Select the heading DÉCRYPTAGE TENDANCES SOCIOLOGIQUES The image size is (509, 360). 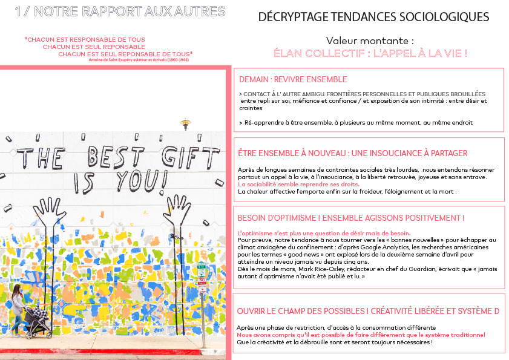[x=373, y=17]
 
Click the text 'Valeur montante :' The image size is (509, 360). [x=370, y=41]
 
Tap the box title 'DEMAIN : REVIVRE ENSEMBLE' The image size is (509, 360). [x=293, y=79]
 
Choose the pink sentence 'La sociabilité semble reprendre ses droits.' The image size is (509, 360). [x=298, y=184]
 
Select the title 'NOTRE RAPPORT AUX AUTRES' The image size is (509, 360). [x=131, y=11]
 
